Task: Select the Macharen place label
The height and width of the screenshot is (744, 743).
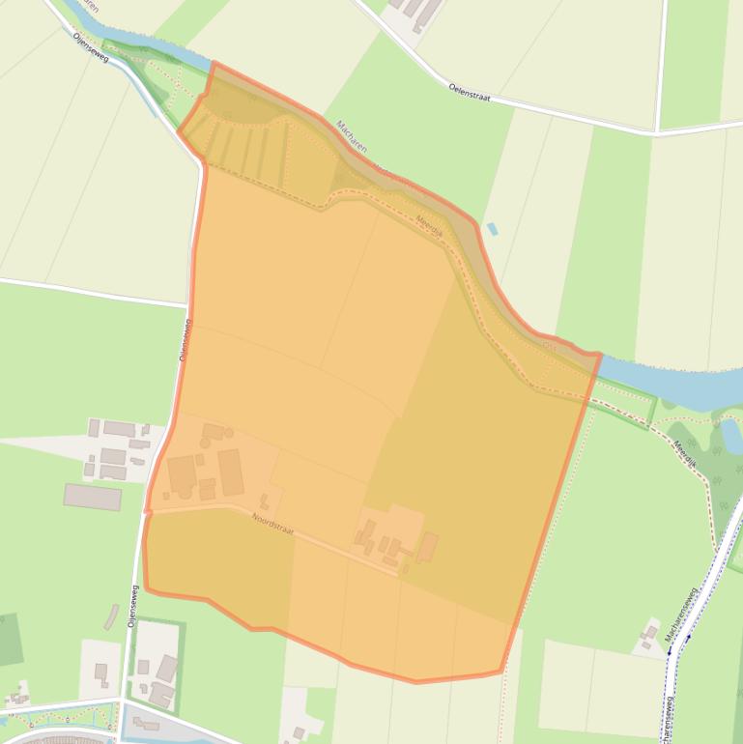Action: click(x=352, y=139)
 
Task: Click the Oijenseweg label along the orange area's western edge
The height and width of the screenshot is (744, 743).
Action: click(x=185, y=340)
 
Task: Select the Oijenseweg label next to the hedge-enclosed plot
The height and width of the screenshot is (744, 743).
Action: click(x=133, y=608)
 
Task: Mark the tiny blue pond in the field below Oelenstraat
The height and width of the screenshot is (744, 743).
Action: click(x=493, y=229)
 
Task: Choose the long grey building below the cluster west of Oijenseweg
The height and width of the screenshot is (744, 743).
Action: click(x=93, y=497)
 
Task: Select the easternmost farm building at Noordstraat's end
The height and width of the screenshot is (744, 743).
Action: click(x=427, y=547)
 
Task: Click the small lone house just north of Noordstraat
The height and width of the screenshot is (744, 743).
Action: click(x=264, y=501)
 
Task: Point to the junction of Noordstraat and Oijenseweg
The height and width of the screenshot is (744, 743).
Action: click(x=149, y=509)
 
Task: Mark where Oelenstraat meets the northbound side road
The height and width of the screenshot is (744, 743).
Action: click(x=657, y=131)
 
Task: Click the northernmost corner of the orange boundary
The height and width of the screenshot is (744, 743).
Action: click(x=214, y=64)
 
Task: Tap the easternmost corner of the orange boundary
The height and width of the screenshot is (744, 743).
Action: click(x=601, y=355)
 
